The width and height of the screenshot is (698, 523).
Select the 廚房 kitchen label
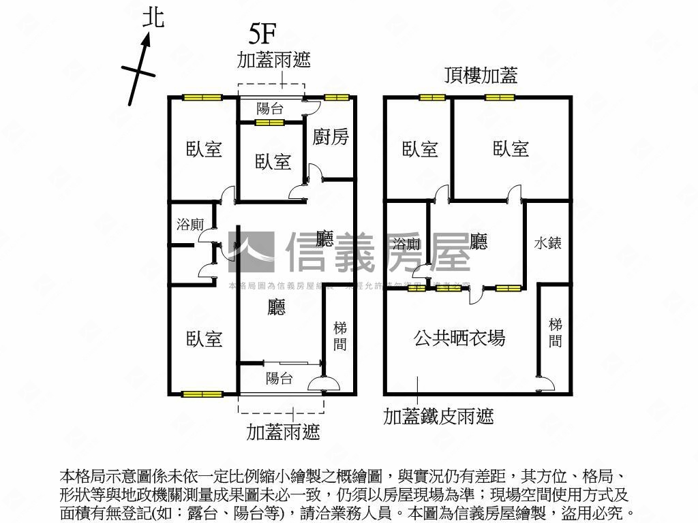331,137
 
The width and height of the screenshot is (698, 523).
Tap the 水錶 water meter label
547,242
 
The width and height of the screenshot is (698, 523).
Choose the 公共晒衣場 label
459,338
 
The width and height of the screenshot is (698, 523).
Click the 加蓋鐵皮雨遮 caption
438,415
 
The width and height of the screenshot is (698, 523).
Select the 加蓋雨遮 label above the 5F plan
273,60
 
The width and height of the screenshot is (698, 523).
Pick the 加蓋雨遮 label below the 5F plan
283,432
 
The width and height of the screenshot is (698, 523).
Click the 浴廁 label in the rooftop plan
407,244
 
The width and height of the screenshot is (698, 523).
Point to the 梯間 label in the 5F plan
339,336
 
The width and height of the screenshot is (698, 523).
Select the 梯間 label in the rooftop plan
556,332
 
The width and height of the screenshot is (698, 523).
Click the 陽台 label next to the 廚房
270,108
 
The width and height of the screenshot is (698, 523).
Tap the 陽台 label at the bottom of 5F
279,379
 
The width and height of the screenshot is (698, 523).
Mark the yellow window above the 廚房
336,98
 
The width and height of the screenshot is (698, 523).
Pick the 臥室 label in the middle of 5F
273,162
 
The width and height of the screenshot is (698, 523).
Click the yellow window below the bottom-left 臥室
202,394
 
